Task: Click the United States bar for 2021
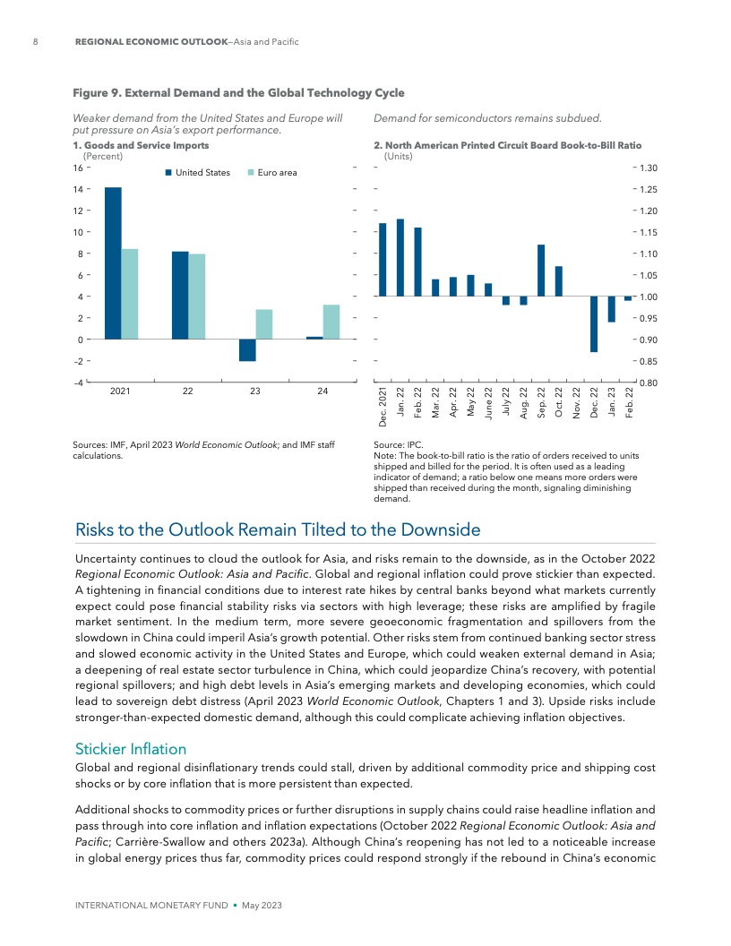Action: point(113,262)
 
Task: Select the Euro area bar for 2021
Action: point(130,294)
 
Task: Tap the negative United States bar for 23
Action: point(248,349)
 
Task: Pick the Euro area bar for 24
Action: point(331,322)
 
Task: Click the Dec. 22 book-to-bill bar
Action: point(594,323)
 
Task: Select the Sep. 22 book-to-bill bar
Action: point(541,270)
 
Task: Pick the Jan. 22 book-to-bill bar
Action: point(400,257)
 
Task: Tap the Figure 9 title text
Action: point(237,92)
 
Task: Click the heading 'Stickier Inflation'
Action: point(131,747)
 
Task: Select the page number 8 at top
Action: point(35,42)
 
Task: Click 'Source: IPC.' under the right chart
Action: point(402,444)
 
